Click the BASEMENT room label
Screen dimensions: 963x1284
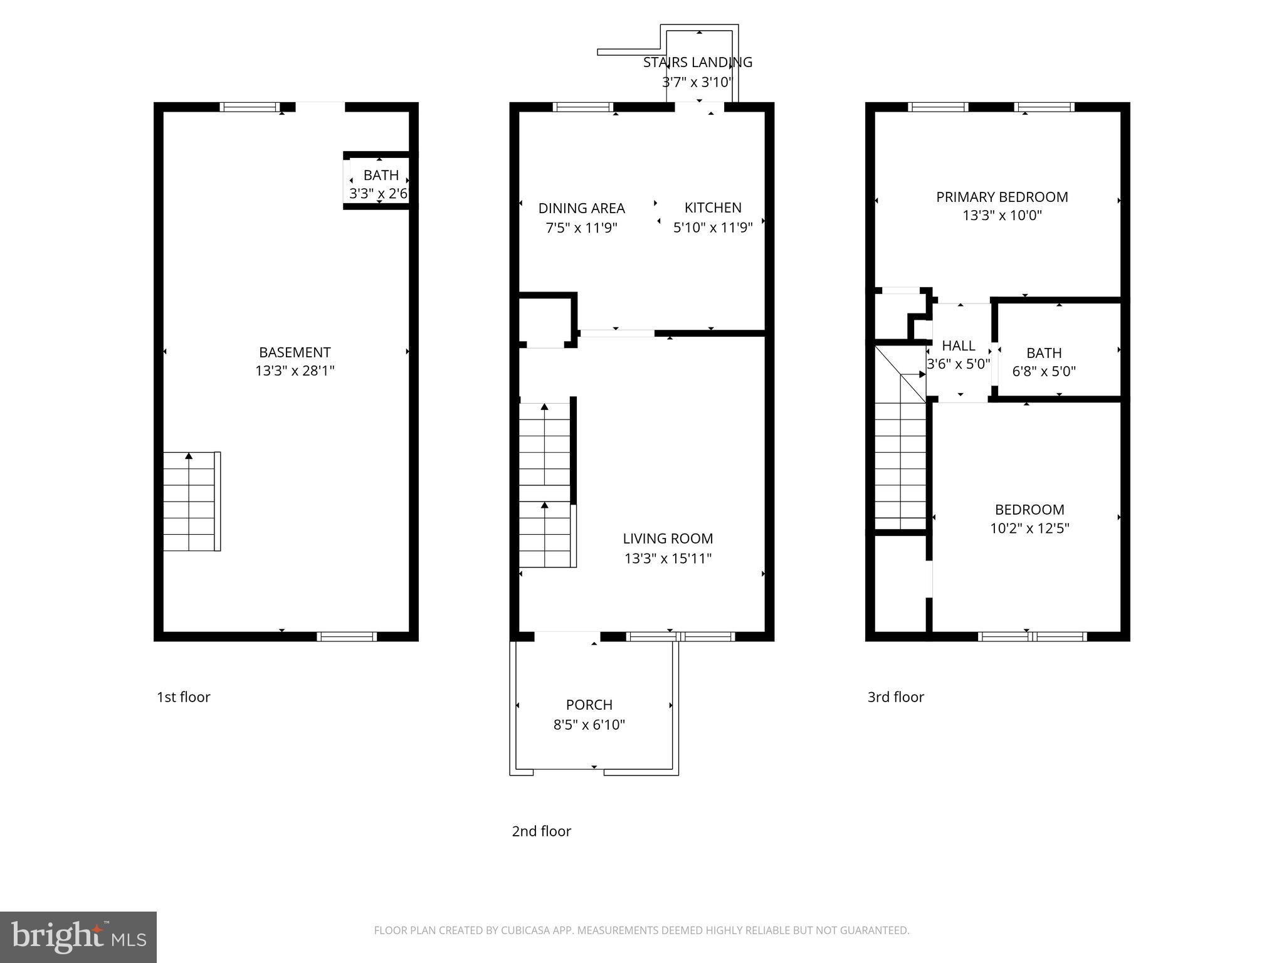(x=294, y=352)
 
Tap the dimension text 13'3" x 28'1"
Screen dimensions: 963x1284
(x=294, y=371)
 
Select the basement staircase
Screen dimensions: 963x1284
(x=190, y=502)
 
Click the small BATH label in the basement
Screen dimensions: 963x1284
(x=381, y=176)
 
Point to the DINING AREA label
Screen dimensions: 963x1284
(x=581, y=208)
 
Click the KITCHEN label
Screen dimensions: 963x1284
(x=713, y=208)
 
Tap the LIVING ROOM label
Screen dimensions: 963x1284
(x=668, y=539)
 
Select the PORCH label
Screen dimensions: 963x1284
(x=589, y=705)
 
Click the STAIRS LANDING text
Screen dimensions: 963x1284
(x=697, y=62)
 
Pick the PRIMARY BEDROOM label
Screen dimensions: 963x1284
(x=1002, y=197)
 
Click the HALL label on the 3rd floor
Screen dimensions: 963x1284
(x=958, y=345)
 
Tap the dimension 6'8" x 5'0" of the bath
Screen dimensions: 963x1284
(x=1044, y=371)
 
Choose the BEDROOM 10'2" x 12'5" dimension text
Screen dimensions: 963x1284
(x=1029, y=529)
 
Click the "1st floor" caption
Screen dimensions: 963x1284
(x=183, y=697)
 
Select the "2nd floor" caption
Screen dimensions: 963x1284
(x=541, y=831)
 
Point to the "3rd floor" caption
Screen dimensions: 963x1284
(x=895, y=697)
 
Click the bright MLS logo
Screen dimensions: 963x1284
(x=78, y=937)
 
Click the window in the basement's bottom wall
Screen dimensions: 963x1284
(x=347, y=636)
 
